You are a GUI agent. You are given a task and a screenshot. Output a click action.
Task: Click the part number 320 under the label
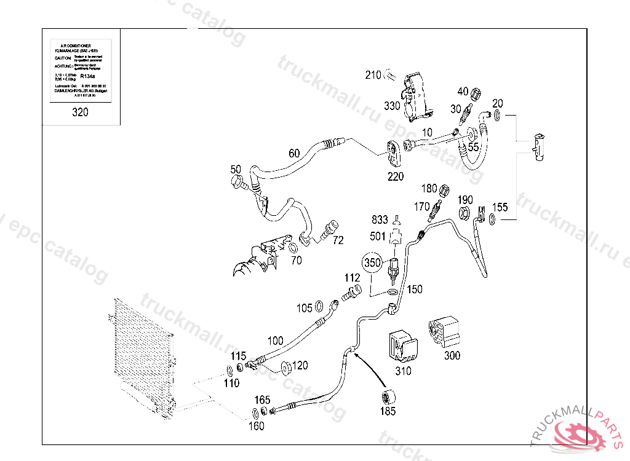point(80,112)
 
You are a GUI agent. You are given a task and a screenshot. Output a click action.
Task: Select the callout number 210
point(373,75)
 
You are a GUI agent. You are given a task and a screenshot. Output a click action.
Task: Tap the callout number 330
point(392,106)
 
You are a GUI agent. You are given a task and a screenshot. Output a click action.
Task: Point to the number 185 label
point(388,411)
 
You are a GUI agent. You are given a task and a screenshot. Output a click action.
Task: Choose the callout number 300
point(452,356)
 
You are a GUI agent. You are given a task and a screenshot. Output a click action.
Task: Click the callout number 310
point(403,371)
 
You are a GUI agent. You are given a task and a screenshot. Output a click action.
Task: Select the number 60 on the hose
point(294,153)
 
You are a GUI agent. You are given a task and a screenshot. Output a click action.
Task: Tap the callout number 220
point(396,176)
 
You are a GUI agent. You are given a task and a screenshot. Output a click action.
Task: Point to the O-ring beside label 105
point(320,307)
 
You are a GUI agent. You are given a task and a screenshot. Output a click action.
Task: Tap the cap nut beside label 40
point(476,94)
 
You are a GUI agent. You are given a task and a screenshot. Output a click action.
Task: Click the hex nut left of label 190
point(466,213)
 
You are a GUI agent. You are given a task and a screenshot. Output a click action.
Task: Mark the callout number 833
point(380,219)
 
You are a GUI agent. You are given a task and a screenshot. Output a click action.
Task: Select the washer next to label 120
point(285,368)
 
